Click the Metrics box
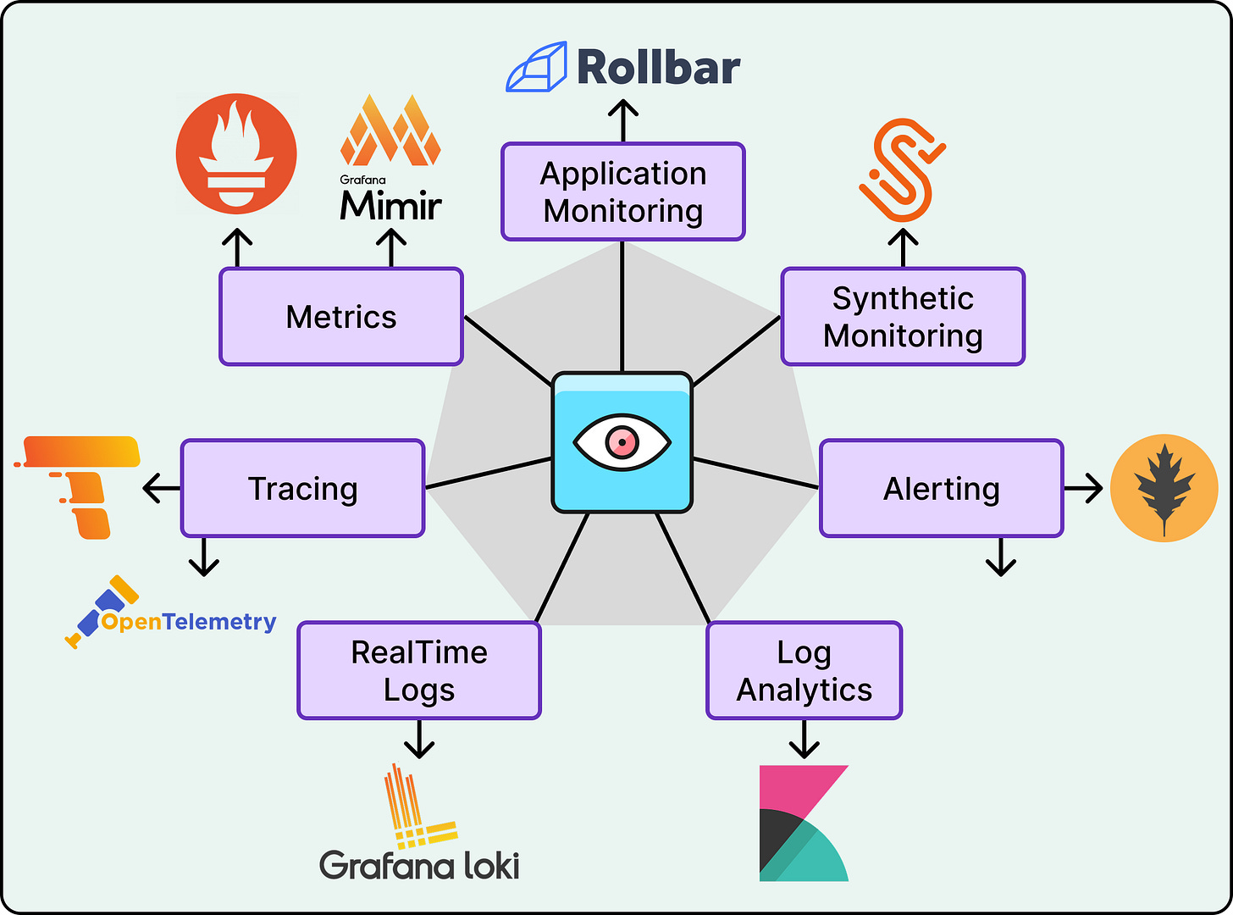[x=341, y=317]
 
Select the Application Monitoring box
[x=623, y=191]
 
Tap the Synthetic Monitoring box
[x=903, y=317]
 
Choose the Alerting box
[x=941, y=488]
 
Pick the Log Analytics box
[x=804, y=670]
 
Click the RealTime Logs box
[x=419, y=670]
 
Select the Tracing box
[x=302, y=488]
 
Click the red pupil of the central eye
[x=622, y=441]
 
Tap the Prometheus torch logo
[x=236, y=153]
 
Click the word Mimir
[x=390, y=206]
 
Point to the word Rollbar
[x=659, y=68]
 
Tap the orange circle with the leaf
[x=1164, y=488]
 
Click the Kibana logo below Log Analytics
[x=804, y=823]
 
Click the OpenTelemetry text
[x=189, y=622]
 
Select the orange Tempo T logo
[x=80, y=485]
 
